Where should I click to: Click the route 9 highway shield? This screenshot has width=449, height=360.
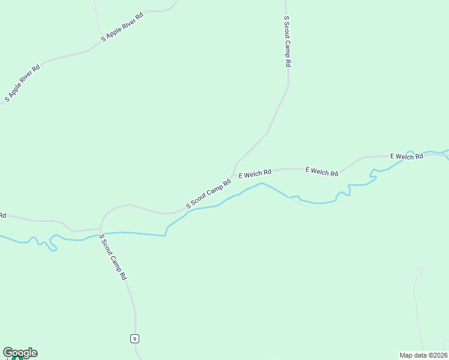click(134, 338)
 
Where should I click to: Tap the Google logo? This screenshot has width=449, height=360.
click(20, 353)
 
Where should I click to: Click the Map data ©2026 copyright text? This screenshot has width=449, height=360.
click(422, 355)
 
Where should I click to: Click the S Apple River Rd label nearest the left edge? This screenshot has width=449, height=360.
click(22, 83)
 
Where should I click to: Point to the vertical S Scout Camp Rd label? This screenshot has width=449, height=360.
click(287, 41)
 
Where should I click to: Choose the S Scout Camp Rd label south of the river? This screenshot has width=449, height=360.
click(113, 257)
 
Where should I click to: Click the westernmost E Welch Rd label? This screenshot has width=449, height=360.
click(255, 174)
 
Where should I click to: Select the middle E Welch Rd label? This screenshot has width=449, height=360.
click(322, 172)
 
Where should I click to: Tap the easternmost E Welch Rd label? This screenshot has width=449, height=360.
click(406, 157)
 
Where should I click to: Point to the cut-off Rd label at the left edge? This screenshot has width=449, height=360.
click(2, 215)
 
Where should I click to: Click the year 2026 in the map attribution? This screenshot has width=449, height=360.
click(438, 355)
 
